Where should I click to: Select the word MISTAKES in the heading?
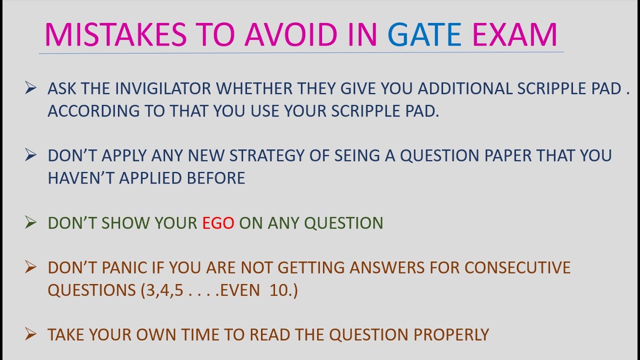(115, 35)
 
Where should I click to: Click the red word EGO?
(218, 223)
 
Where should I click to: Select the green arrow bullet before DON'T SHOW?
(30, 223)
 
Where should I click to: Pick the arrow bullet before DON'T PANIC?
(30, 268)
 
